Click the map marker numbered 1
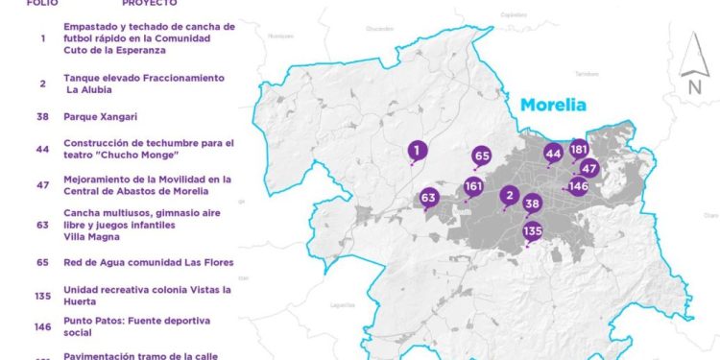(417, 150)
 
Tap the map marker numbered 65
(482, 156)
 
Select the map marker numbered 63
(428, 199)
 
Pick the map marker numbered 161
(473, 186)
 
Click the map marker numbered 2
(510, 196)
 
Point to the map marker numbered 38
(533, 204)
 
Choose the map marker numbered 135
(533, 231)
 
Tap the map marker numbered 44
(553, 153)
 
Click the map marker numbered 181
(579, 150)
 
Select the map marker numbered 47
(589, 168)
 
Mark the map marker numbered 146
(578, 186)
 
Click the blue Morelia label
(553, 105)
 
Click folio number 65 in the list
(43, 262)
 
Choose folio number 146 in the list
(43, 326)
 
